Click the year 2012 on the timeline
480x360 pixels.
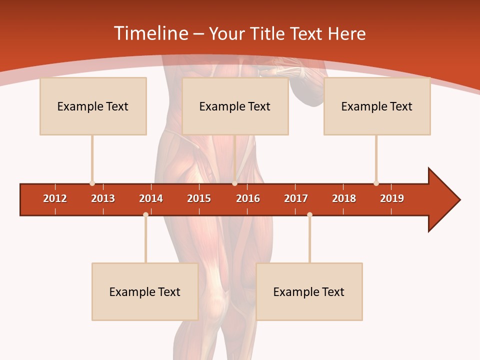point(55,198)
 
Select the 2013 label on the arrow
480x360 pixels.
point(103,198)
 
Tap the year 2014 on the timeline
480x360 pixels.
point(151,198)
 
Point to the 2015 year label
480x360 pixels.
point(199,198)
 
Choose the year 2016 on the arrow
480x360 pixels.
point(248,198)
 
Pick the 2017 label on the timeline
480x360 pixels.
point(296,198)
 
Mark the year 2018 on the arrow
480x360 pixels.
point(344,198)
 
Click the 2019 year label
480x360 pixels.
point(392,198)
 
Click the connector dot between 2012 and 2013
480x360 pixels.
point(92,183)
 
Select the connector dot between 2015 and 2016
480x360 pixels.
point(234,183)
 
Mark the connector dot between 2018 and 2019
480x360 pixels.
point(376,183)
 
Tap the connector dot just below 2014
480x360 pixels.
point(145,214)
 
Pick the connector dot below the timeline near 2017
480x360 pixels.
point(309,214)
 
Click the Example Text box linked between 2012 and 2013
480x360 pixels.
point(93,106)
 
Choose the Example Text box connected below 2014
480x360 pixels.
point(145,291)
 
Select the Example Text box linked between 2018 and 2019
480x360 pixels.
point(377,106)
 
